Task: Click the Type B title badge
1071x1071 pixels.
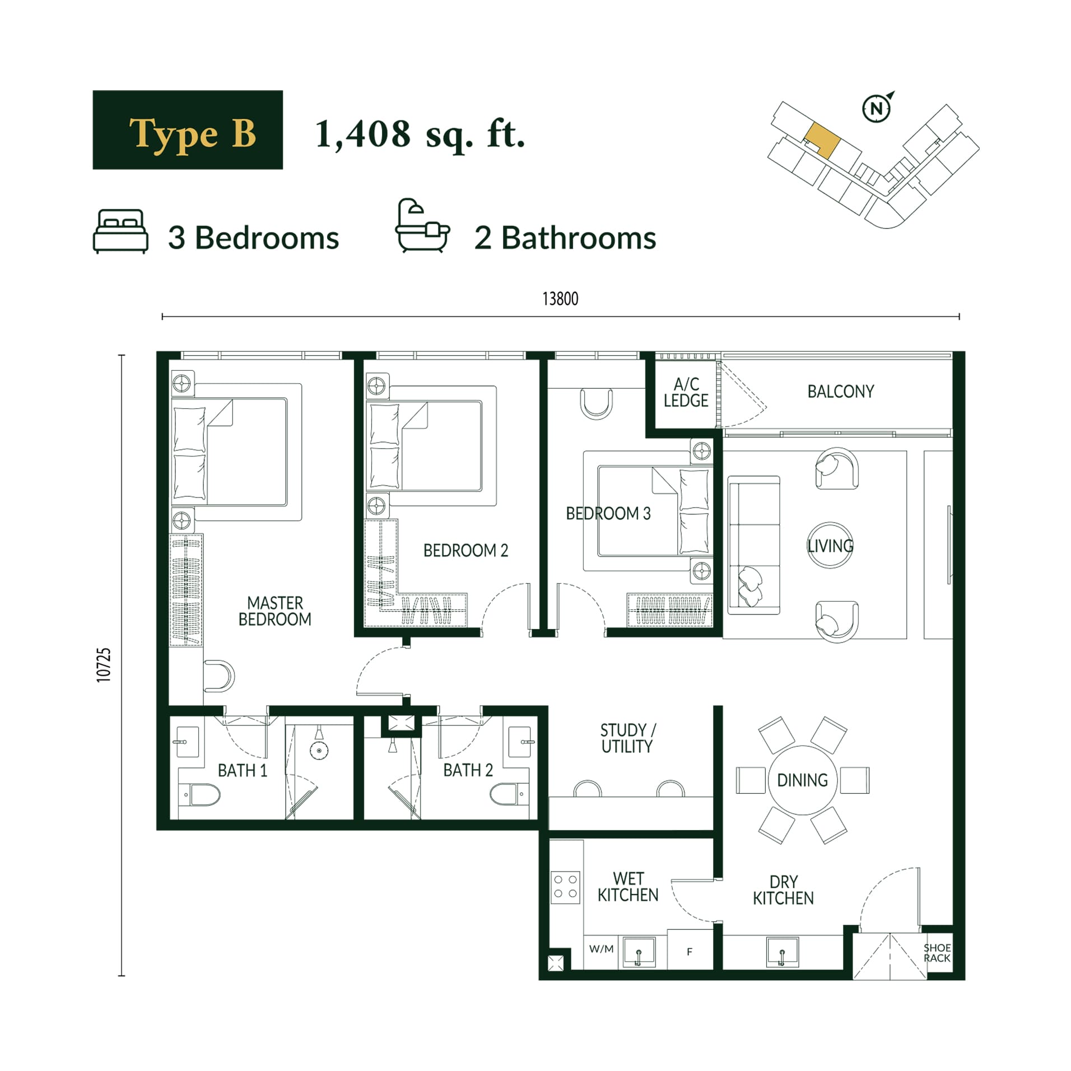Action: (188, 129)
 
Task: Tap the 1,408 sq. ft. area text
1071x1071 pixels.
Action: (420, 134)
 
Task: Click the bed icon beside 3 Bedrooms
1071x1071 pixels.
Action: (120, 231)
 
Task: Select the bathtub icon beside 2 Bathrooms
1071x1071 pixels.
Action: (422, 226)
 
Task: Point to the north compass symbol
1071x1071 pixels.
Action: (877, 108)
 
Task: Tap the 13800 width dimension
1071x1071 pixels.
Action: (560, 299)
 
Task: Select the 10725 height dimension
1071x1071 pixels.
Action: (104, 665)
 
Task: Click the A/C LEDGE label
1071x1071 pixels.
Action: (686, 392)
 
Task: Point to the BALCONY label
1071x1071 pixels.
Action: (841, 392)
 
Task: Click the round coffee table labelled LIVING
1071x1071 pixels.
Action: (830, 545)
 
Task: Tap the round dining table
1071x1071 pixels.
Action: (803, 780)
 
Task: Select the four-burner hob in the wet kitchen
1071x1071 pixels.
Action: (566, 887)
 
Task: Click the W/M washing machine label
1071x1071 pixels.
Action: (602, 949)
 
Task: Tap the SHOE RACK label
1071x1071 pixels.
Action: (937, 953)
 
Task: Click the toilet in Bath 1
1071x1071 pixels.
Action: (202, 794)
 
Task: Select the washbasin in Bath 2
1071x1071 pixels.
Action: (520, 742)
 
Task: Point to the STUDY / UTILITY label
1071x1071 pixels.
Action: (627, 738)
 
